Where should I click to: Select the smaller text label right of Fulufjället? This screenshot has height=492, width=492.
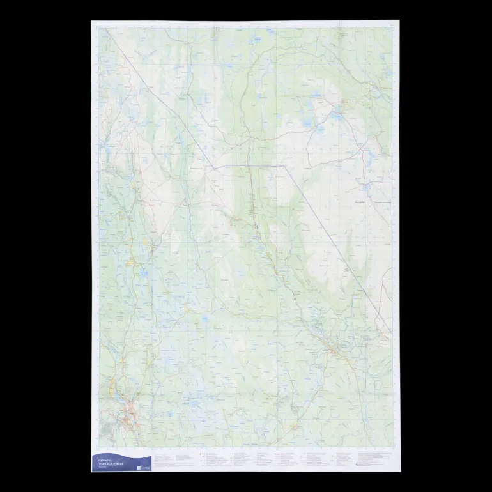381,203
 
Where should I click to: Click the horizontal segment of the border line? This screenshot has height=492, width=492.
249,165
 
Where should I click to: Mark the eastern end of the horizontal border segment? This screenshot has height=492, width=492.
284,165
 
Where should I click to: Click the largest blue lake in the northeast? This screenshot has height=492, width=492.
336,116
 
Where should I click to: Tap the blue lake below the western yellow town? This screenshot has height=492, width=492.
144,275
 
